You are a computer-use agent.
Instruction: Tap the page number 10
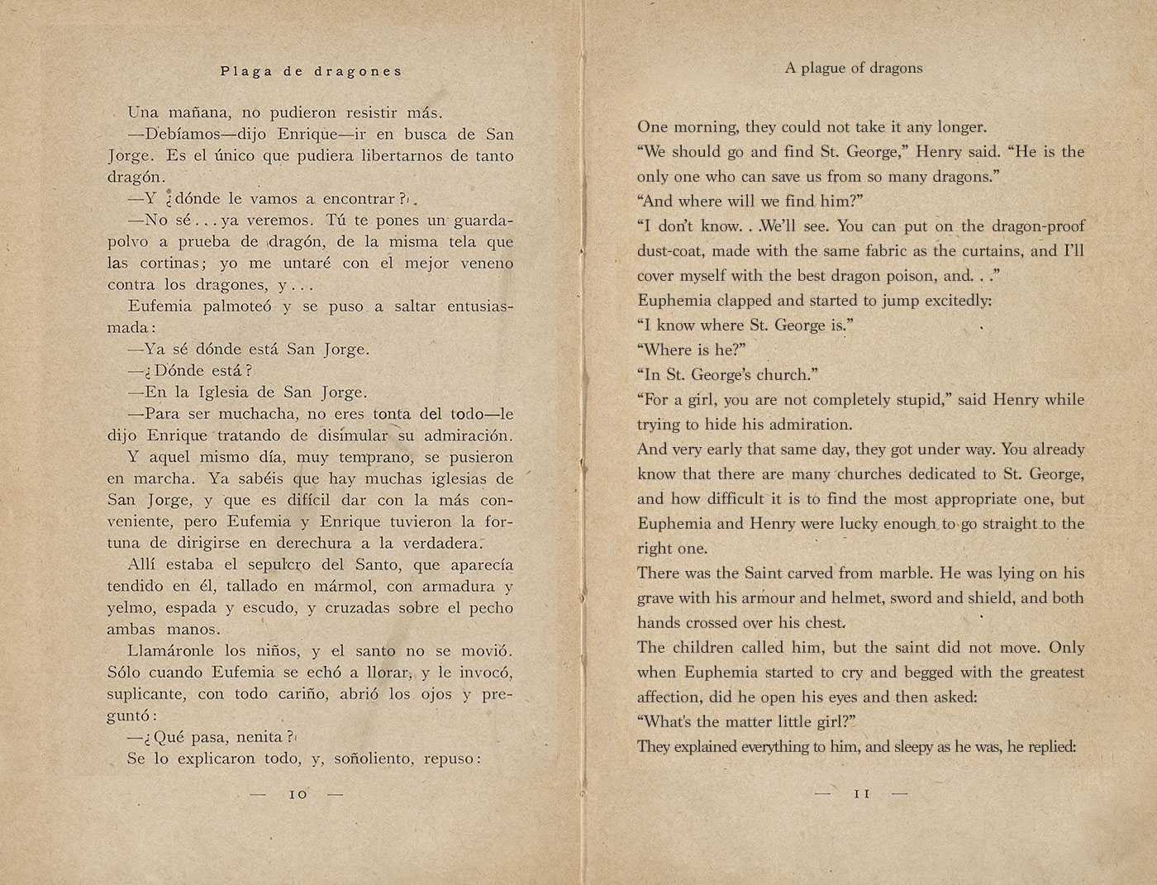click(298, 794)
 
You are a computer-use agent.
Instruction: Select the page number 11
click(861, 793)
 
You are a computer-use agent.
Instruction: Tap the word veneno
click(483, 264)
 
